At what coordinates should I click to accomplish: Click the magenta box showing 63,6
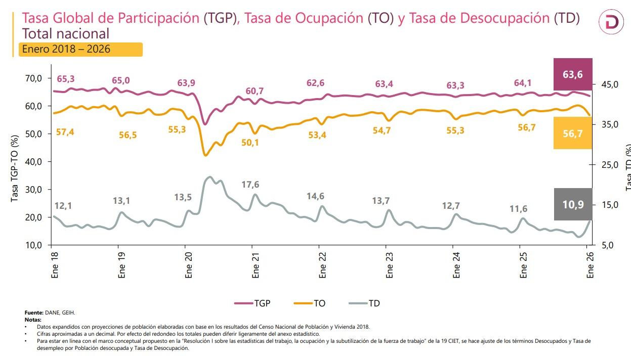click(572, 74)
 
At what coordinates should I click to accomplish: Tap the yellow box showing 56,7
click(572, 133)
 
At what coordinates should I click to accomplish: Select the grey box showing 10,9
click(572, 204)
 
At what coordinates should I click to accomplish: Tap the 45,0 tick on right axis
click(609, 84)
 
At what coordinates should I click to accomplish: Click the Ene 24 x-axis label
click(457, 265)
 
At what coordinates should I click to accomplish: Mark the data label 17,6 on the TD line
click(250, 185)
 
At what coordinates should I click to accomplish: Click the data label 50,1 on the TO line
click(250, 143)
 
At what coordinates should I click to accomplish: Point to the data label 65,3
click(66, 79)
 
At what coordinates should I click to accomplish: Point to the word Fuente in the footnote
click(33, 313)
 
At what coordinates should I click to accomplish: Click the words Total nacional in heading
click(66, 34)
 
